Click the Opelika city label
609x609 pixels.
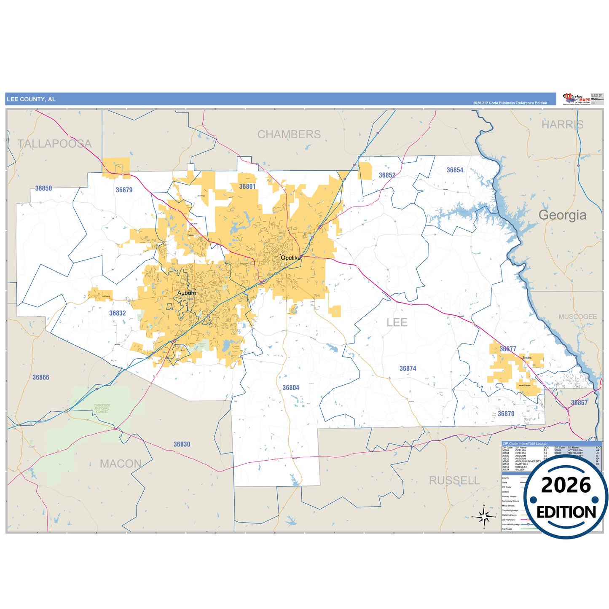[x=291, y=258]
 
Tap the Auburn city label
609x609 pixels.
[x=186, y=293]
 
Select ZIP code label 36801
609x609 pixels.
[x=247, y=186]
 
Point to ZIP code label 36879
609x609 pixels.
[x=124, y=190]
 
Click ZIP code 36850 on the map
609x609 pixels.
[x=43, y=188]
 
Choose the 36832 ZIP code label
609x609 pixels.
[x=117, y=313]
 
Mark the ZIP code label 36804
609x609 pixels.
[x=291, y=388]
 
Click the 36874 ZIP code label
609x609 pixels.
[x=408, y=368]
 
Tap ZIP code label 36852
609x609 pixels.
[x=386, y=175]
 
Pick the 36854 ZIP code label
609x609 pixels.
[x=455, y=170]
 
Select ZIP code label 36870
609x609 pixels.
[x=506, y=414]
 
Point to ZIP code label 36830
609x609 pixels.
[x=182, y=444]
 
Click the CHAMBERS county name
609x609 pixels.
[x=289, y=134]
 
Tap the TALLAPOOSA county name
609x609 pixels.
[x=54, y=144]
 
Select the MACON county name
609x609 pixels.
[x=121, y=464]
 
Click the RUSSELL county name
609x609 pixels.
[x=454, y=480]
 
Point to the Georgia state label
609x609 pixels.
[x=562, y=215]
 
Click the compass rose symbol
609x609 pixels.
[x=484, y=516]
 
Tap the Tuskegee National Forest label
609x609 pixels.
[x=102, y=408]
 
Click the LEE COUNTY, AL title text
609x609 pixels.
[x=31, y=99]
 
